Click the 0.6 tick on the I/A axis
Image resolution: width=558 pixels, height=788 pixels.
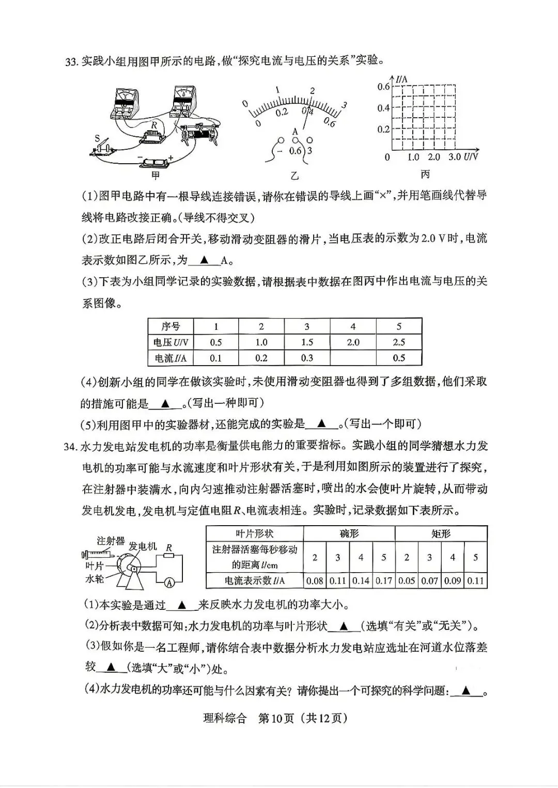tap(383, 86)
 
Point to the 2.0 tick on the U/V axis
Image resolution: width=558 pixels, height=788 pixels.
tap(434, 157)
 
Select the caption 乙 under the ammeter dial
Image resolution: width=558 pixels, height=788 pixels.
tap(295, 176)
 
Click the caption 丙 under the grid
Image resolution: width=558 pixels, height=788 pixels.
tap(425, 174)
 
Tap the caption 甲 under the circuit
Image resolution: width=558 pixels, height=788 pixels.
tap(156, 176)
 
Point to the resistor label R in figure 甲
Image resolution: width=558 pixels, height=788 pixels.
tap(154, 124)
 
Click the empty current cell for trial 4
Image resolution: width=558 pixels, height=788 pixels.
tap(353, 358)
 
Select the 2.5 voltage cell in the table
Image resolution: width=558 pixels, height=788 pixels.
tap(398, 342)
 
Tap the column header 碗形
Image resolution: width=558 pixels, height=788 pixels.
tap(349, 533)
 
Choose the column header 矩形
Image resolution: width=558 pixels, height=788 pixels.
tap(441, 533)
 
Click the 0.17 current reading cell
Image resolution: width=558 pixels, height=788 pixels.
tap(383, 580)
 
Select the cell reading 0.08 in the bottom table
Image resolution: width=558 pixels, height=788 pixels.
tap(315, 580)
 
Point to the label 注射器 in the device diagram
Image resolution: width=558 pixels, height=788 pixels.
tap(111, 541)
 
